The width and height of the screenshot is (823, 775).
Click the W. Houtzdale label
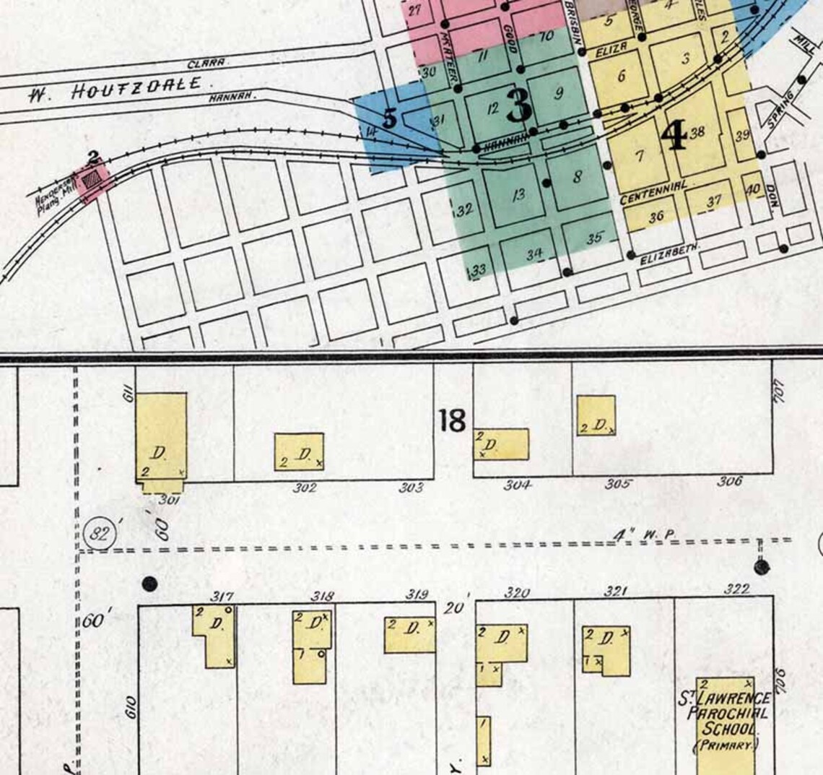[x=116, y=89]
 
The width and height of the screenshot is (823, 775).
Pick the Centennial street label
[x=653, y=191]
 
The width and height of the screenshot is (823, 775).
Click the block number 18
[x=452, y=420]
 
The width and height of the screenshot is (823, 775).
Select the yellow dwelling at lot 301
[x=161, y=440]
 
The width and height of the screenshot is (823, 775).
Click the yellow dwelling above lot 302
[x=299, y=451]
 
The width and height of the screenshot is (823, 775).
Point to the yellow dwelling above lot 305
[x=596, y=415]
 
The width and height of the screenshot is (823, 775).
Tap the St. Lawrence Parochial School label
[x=723, y=722]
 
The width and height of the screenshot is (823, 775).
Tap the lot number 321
[x=614, y=592]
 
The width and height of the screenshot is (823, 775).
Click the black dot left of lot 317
[x=149, y=583]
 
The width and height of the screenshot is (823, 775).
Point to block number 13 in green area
[x=517, y=194]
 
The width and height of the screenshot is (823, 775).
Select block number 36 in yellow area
[x=656, y=216]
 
